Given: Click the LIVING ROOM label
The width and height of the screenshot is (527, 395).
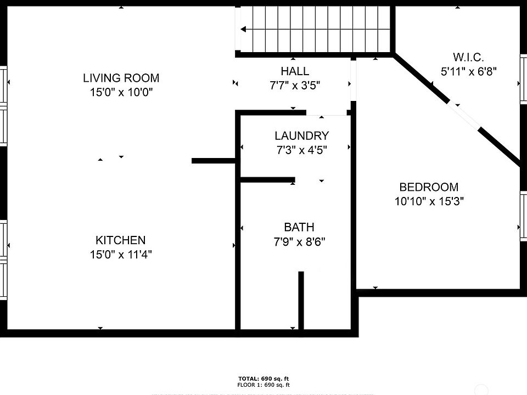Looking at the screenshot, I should pyautogui.click(x=121, y=78).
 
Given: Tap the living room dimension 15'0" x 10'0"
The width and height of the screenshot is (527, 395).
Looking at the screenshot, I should pyautogui.click(x=121, y=92).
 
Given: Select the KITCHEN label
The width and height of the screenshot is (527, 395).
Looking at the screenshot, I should pyautogui.click(x=121, y=240).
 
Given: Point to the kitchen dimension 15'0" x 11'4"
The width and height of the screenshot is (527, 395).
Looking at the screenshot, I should pyautogui.click(x=121, y=255).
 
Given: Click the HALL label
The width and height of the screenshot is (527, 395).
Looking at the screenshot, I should pyautogui.click(x=295, y=71).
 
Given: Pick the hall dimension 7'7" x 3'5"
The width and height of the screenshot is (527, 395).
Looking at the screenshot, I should pyautogui.click(x=295, y=86).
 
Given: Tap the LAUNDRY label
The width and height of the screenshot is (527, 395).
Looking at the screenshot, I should pyautogui.click(x=301, y=136).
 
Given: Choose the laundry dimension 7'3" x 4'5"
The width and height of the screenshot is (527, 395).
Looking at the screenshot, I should pyautogui.click(x=301, y=150).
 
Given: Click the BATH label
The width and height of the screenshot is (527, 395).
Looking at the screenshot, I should pyautogui.click(x=299, y=227).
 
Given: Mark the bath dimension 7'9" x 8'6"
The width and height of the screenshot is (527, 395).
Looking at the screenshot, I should pyautogui.click(x=299, y=242).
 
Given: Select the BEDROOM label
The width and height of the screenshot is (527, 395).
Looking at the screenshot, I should pyautogui.click(x=429, y=187).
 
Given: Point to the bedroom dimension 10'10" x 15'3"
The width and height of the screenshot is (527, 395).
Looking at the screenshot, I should pyautogui.click(x=429, y=201).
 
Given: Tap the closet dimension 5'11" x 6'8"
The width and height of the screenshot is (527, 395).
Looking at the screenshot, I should pyautogui.click(x=469, y=71).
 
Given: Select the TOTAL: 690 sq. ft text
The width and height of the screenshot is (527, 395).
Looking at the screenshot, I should pyautogui.click(x=263, y=379).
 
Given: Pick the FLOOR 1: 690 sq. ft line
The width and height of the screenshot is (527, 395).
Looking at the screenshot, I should pyautogui.click(x=263, y=385).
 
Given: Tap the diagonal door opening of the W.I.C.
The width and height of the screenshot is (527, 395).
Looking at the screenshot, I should pyautogui.click(x=465, y=116).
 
